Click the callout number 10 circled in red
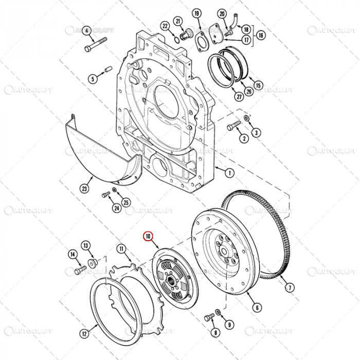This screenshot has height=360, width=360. pos(148,237)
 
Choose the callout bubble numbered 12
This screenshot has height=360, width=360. pos(83,334)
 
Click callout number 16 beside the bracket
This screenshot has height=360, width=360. pos(261,35)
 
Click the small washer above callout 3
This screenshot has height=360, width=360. pos(246,119)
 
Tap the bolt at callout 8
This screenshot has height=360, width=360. pos(208,318)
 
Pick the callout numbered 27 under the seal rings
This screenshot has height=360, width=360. pos(225,96)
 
